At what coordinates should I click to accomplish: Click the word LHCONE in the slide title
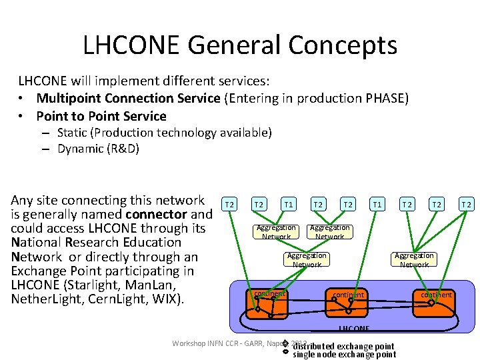pyautogui.click(x=131, y=45)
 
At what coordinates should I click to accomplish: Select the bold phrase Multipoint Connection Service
pyautogui.click(x=128, y=98)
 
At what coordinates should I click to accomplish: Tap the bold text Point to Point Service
pyautogui.click(x=101, y=116)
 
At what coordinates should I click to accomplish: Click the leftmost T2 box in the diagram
pyautogui.click(x=229, y=203)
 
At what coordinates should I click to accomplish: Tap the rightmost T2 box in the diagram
pyautogui.click(x=467, y=203)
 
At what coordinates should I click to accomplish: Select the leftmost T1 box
pyautogui.click(x=289, y=203)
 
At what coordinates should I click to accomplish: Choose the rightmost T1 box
pyautogui.click(x=377, y=203)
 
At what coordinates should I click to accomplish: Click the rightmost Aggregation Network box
pyautogui.click(x=414, y=260)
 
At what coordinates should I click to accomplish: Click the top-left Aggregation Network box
pyautogui.click(x=276, y=232)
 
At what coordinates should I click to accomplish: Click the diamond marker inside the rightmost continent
pyautogui.click(x=431, y=302)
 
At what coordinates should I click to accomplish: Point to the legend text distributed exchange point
pyautogui.click(x=343, y=346)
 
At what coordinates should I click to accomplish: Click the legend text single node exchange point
pyautogui.click(x=344, y=355)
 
